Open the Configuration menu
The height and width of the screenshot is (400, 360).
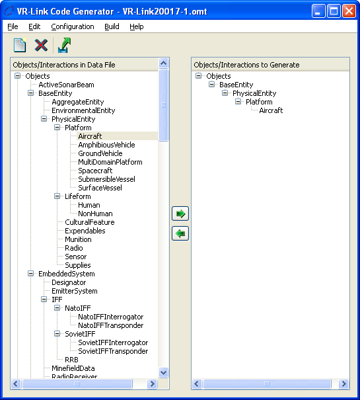coord(73,26)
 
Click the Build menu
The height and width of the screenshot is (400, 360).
coord(112,26)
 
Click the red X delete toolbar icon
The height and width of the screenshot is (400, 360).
coord(41,46)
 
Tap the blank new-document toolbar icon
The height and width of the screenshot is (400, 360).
coord(20,45)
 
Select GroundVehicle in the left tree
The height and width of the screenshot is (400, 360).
coord(100,153)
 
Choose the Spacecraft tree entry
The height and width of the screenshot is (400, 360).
coord(95,171)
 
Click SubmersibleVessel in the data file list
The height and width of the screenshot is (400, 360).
coord(106,179)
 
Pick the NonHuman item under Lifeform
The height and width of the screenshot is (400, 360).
coord(95,214)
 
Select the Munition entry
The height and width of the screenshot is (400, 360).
coord(78,239)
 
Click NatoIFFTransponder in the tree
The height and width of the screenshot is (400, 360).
coord(111,325)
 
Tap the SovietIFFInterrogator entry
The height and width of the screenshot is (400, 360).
coord(113,342)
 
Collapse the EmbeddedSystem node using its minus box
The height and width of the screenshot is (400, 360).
coord(30,274)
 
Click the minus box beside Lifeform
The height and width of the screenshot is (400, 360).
coord(57,196)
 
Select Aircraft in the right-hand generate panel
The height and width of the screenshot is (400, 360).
coord(271,110)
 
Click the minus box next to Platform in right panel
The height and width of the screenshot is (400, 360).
coord(238,102)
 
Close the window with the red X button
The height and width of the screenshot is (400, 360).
coord(349,11)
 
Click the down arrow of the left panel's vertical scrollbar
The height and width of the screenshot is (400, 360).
coord(163,372)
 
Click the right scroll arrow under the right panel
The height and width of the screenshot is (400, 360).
coord(343,383)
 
